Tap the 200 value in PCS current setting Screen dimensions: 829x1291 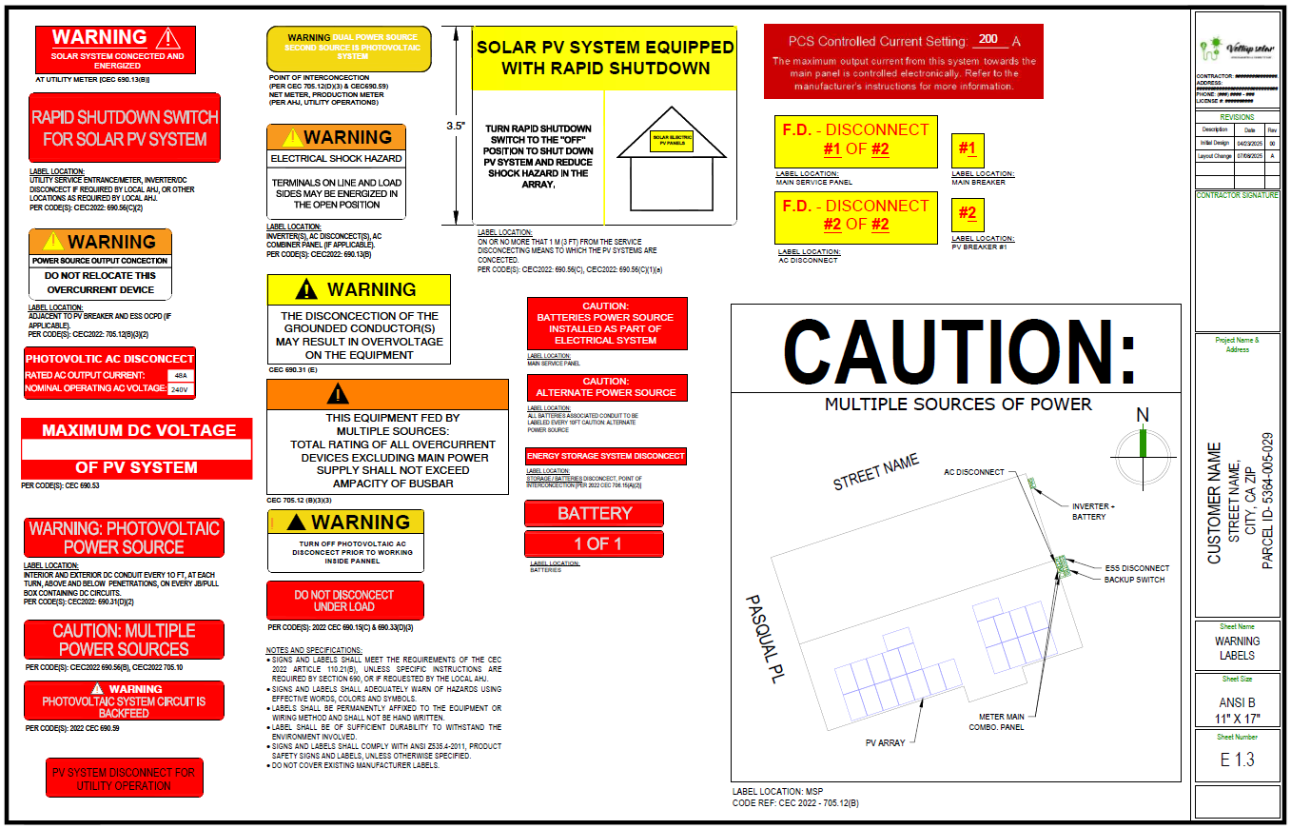point(988,40)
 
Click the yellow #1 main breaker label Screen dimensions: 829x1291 point(968,149)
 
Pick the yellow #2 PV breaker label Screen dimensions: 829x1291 point(968,214)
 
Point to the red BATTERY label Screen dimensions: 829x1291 point(594,514)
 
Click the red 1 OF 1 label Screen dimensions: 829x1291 point(594,544)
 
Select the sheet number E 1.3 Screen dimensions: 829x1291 point(1237,760)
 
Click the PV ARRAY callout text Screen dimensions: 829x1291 point(885,742)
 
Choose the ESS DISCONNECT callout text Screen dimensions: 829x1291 point(1136,568)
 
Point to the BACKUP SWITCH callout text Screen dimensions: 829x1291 point(1134,580)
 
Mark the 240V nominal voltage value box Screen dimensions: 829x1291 point(180,389)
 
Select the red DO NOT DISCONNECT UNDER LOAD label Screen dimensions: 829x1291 point(344,601)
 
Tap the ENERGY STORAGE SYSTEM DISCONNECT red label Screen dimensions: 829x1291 point(606,456)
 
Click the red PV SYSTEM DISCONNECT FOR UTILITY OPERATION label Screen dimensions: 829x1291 point(124,779)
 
